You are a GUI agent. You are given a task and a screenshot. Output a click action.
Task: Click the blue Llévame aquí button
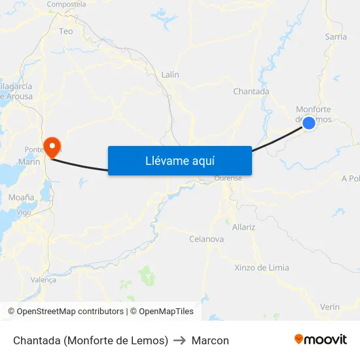180,160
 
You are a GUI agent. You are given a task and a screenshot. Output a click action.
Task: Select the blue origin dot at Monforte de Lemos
309,122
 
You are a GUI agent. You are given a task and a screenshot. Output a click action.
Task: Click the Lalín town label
170,75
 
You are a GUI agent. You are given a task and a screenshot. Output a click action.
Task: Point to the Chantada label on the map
251,92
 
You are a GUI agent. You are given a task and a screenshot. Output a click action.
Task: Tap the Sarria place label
336,37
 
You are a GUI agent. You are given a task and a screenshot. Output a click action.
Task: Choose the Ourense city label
228,178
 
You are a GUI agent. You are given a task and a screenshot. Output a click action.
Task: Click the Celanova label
206,239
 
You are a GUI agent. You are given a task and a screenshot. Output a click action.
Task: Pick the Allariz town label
243,227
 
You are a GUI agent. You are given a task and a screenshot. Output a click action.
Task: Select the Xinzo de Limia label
262,267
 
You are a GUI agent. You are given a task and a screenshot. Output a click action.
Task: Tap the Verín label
330,307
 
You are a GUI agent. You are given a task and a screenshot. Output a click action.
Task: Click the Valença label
44,279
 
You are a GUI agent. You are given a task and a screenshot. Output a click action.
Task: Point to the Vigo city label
24,212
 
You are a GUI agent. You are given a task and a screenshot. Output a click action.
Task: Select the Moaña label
22,197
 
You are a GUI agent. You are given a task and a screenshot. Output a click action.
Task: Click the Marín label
29,162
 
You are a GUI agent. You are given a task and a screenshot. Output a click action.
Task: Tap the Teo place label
66,31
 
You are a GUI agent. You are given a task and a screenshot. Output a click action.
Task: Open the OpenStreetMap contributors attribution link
70,312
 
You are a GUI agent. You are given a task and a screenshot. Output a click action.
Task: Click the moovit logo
321,340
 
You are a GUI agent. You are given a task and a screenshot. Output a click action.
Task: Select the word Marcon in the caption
210,340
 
